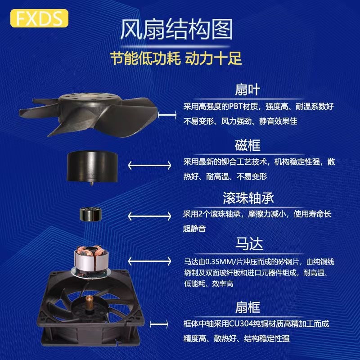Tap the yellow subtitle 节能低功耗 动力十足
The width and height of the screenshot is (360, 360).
pos(176,58)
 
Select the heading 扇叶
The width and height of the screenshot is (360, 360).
pos(247,89)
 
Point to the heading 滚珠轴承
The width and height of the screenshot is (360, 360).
pos(248,198)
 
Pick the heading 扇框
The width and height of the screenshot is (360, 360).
pos(247,307)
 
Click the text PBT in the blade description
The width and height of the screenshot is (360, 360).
pos(229,107)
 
